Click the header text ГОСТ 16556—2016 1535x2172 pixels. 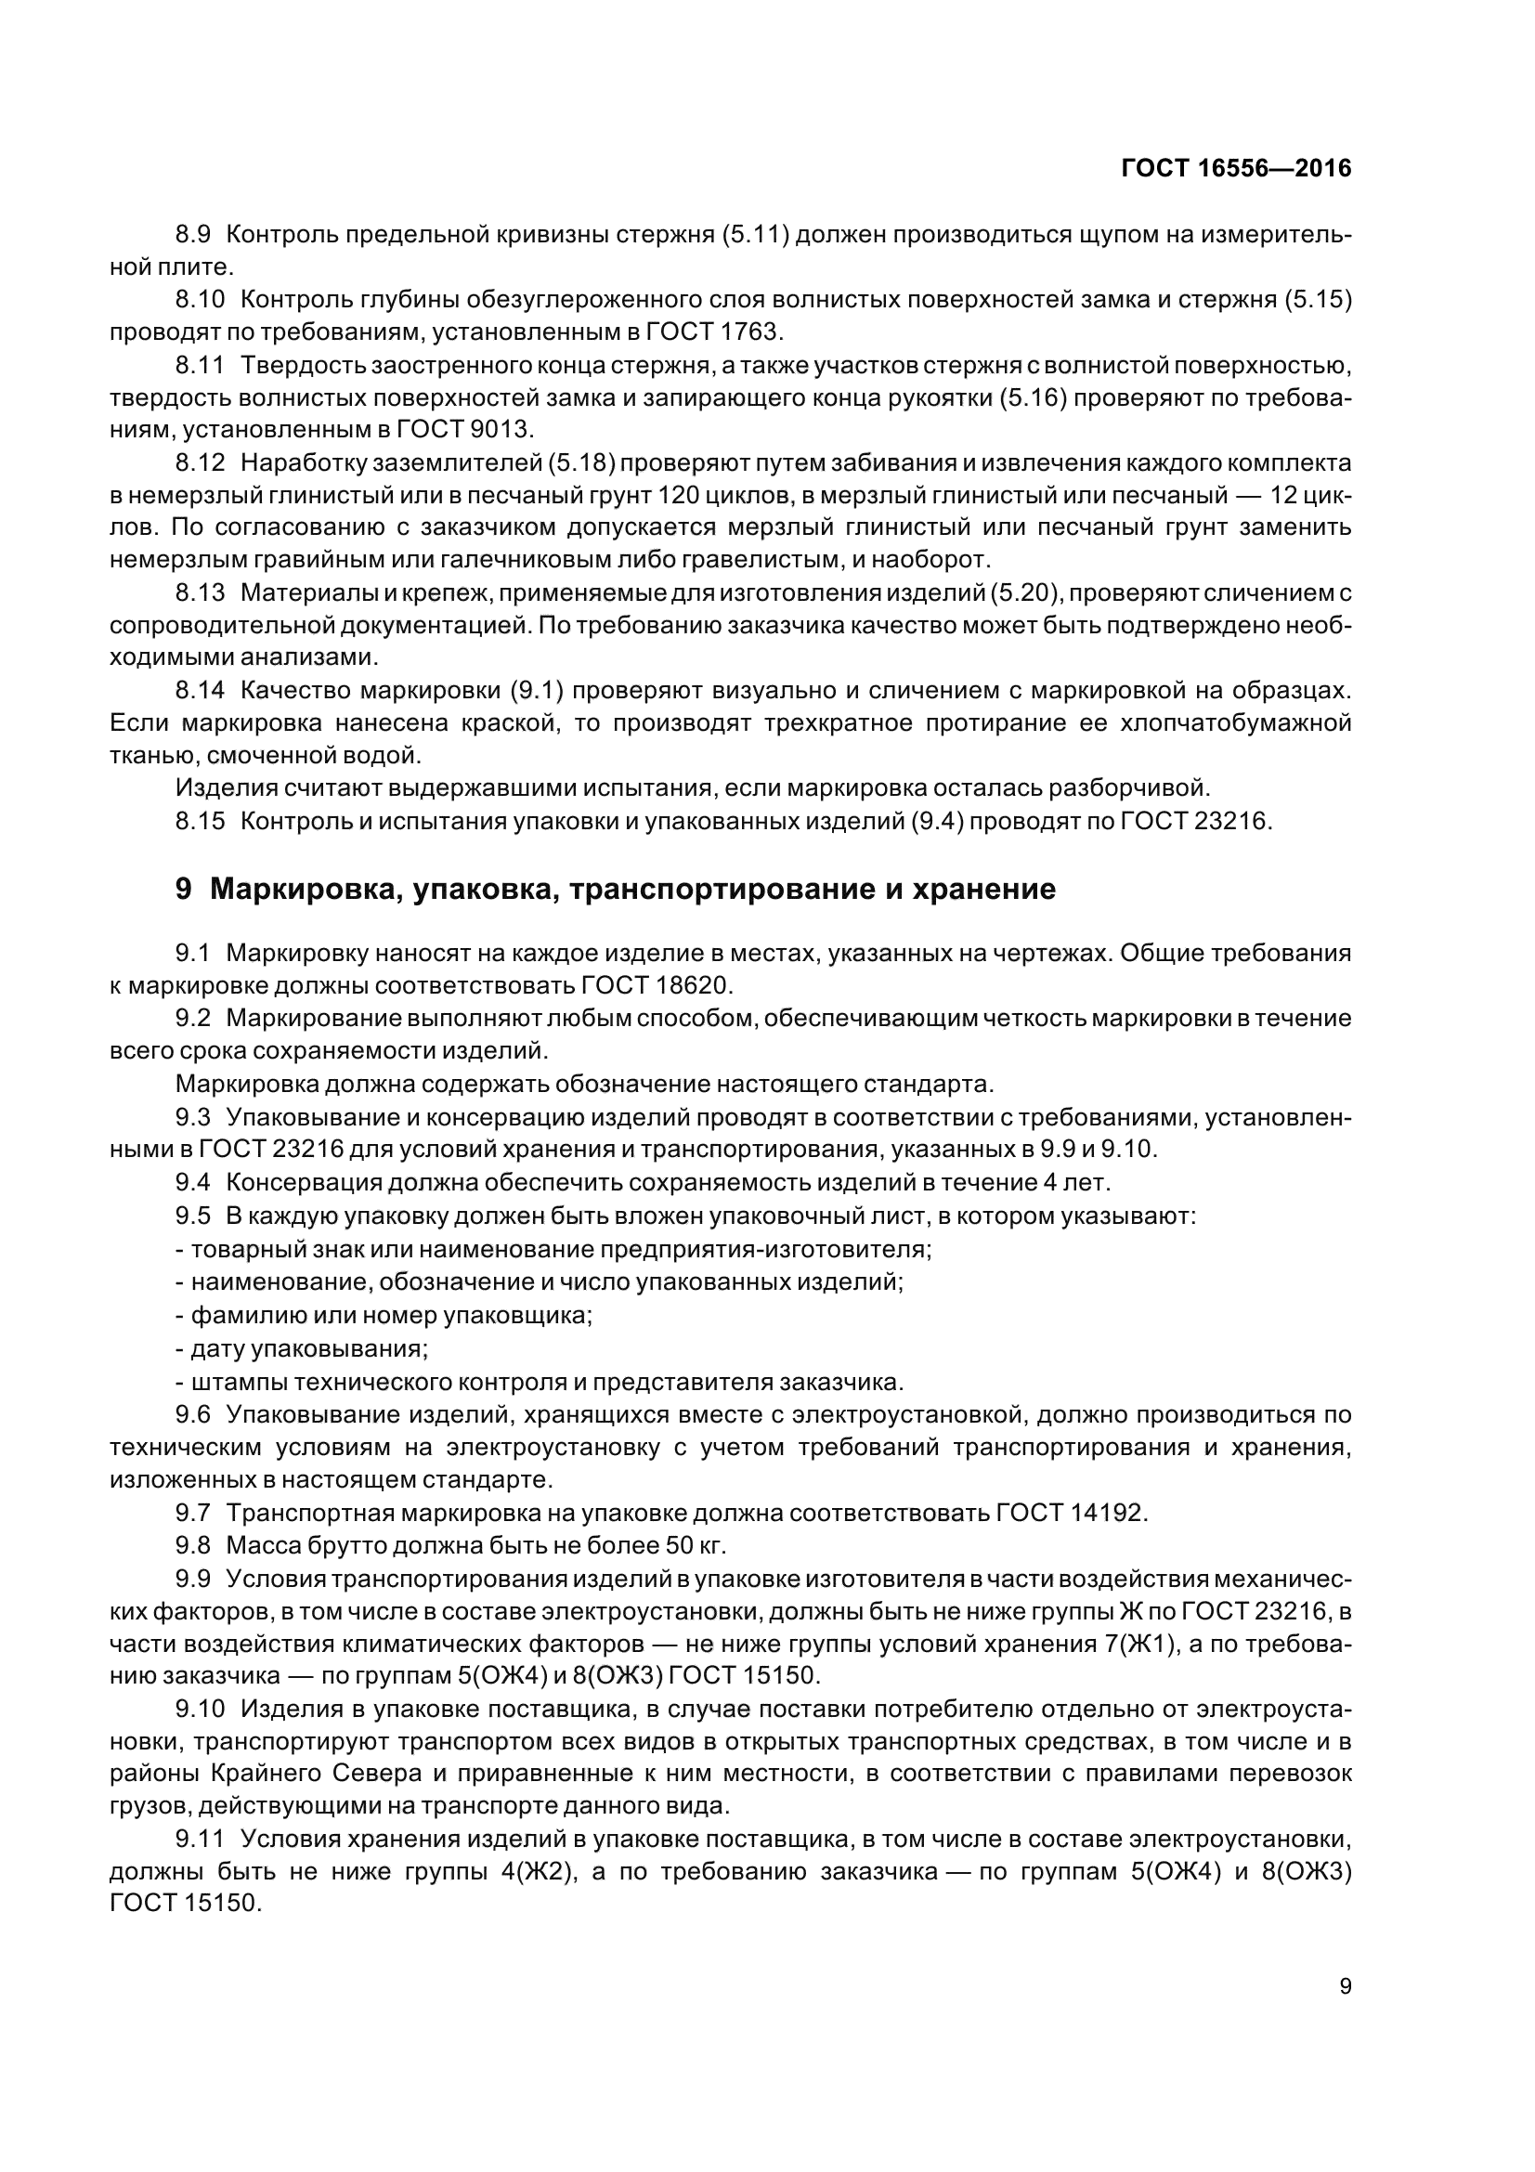[x=1236, y=168]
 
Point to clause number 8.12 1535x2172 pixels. [x=201, y=462]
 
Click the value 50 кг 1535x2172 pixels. [x=692, y=1546]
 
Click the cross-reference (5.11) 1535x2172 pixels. [x=755, y=234]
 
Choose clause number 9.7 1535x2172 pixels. [x=193, y=1513]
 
